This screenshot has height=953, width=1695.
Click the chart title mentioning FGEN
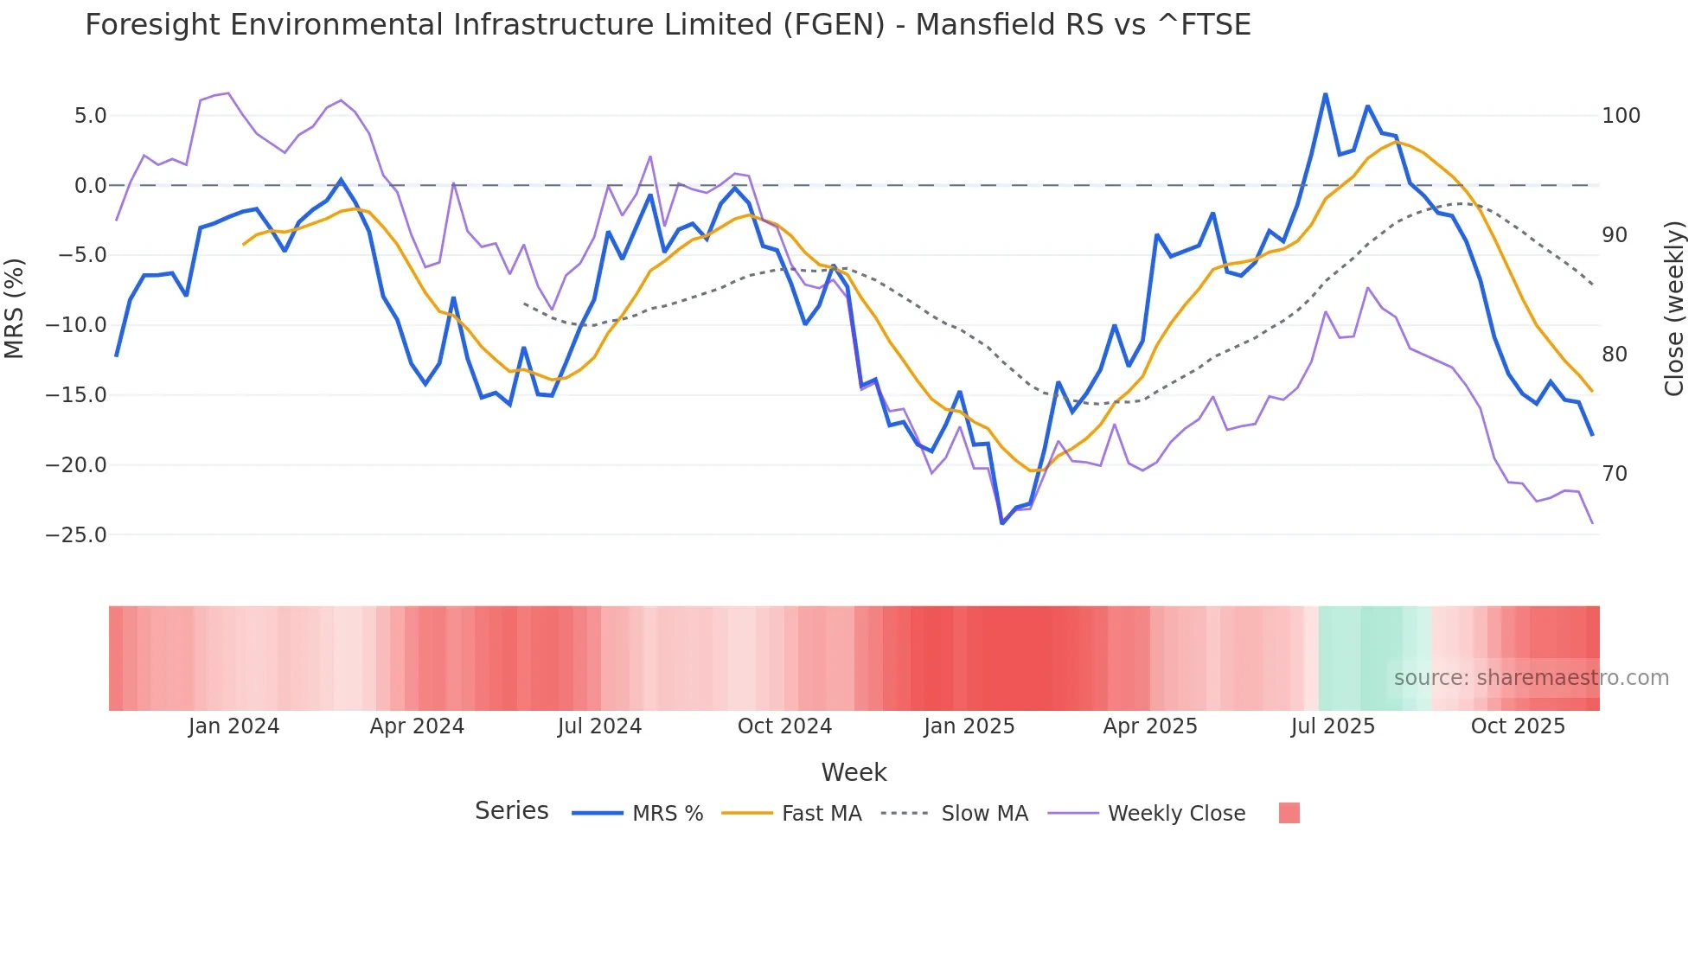668,25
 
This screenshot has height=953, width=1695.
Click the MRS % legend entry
667,814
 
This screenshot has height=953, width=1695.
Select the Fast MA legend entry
821,814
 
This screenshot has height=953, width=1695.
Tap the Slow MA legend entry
984,814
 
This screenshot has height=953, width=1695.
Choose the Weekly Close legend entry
1176,814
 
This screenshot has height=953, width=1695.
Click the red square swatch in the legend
1289,813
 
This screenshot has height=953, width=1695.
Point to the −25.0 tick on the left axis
76,535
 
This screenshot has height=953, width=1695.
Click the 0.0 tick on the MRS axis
90,186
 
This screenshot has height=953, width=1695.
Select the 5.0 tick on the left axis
90,116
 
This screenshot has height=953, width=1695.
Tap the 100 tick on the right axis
1621,116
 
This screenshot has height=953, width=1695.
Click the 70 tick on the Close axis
1615,474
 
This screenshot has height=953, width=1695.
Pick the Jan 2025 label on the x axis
969,726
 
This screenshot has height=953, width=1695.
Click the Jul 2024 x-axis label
599,726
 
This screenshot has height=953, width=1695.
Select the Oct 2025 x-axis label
1518,726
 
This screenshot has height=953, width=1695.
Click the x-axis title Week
854,772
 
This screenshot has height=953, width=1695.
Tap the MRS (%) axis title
15,308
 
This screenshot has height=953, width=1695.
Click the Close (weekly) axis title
1675,308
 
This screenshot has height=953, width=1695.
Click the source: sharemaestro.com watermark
1531,678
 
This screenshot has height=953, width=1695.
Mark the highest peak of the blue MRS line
1325,94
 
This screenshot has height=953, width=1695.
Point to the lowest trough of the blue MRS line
1002,523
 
